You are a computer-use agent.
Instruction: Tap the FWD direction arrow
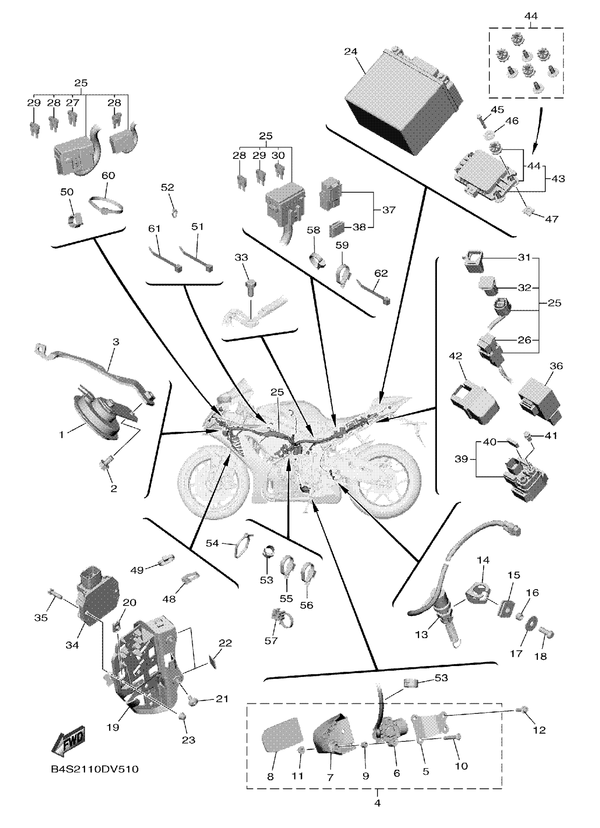70,737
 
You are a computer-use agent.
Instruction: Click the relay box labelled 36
540,401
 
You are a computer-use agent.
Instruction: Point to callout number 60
108,175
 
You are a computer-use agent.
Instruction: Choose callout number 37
389,210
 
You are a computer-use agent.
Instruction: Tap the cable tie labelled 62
372,294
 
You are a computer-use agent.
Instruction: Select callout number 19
113,727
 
